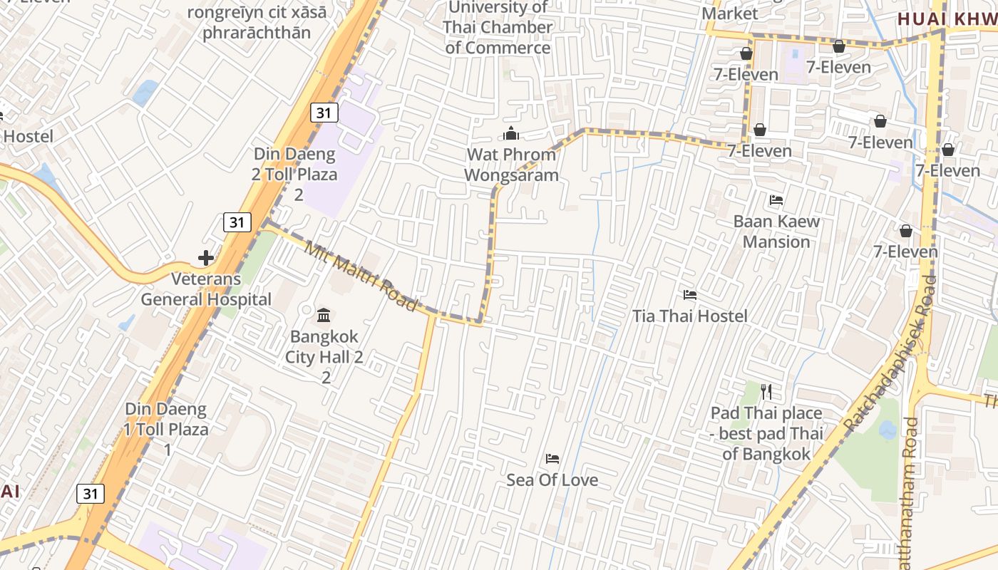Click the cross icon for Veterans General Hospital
[x=206, y=257]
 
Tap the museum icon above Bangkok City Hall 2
[x=324, y=314]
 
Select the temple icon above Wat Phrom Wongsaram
[x=511, y=133]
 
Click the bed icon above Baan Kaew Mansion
[x=776, y=200]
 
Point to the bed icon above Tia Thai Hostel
[x=689, y=294]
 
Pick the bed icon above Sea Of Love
[x=552, y=459]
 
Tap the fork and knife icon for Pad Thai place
[x=766, y=391]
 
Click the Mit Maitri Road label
[x=361, y=277]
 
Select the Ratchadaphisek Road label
[x=891, y=353]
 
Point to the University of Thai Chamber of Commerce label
[x=498, y=28]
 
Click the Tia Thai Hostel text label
[x=690, y=316]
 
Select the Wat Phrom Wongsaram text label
[x=511, y=165]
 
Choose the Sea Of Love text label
[x=552, y=480]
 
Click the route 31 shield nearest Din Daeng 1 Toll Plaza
[x=90, y=493]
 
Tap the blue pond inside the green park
[x=888, y=430]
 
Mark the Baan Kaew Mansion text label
[x=776, y=232]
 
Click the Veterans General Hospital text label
[x=206, y=289]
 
